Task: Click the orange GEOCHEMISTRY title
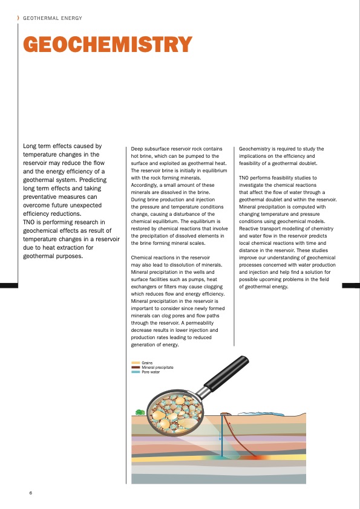108,44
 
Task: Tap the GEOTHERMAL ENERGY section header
53,18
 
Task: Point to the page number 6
30,493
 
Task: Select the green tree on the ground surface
140,412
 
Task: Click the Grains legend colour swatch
136,363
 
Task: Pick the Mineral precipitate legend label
157,368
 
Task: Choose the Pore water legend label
151,372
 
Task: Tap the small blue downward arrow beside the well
220,436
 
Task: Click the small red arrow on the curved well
229,424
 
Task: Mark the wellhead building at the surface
225,413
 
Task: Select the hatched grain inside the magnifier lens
188,423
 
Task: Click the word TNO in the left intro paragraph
29,222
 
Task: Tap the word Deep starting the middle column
137,149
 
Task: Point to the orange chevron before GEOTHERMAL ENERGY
18,18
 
